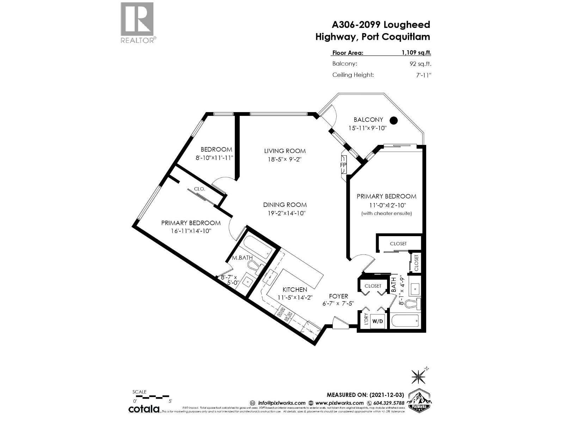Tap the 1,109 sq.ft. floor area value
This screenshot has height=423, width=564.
click(x=416, y=53)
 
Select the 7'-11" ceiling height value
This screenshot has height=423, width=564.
click(x=424, y=75)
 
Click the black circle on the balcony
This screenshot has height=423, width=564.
click(x=394, y=121)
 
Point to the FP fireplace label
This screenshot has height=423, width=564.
click(x=343, y=165)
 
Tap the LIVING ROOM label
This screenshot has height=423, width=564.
click(x=285, y=151)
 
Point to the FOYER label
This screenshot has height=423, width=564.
click(x=338, y=296)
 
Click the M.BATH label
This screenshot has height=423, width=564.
click(x=242, y=258)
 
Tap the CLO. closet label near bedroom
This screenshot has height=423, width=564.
click(x=199, y=189)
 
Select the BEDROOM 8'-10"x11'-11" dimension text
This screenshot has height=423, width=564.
click(x=215, y=158)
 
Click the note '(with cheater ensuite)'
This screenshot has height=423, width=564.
click(x=386, y=213)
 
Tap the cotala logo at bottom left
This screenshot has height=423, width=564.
click(x=143, y=409)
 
